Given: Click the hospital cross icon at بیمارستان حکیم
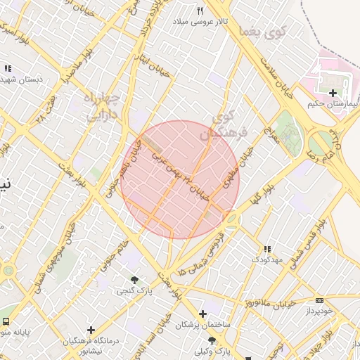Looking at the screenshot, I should [333, 92].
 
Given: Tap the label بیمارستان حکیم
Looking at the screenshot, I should [333, 103].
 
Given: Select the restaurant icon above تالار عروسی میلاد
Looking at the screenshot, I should [200, 11].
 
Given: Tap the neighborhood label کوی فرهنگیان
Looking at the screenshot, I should [226, 124].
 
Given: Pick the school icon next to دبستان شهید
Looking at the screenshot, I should [8, 68].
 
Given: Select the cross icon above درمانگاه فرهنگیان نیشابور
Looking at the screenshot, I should [91, 329].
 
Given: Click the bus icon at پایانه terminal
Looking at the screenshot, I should [6, 322].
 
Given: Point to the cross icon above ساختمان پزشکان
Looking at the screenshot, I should [203, 314].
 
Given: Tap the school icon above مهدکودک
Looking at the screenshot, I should [267, 249].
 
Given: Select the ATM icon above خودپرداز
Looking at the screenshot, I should [320, 300].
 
